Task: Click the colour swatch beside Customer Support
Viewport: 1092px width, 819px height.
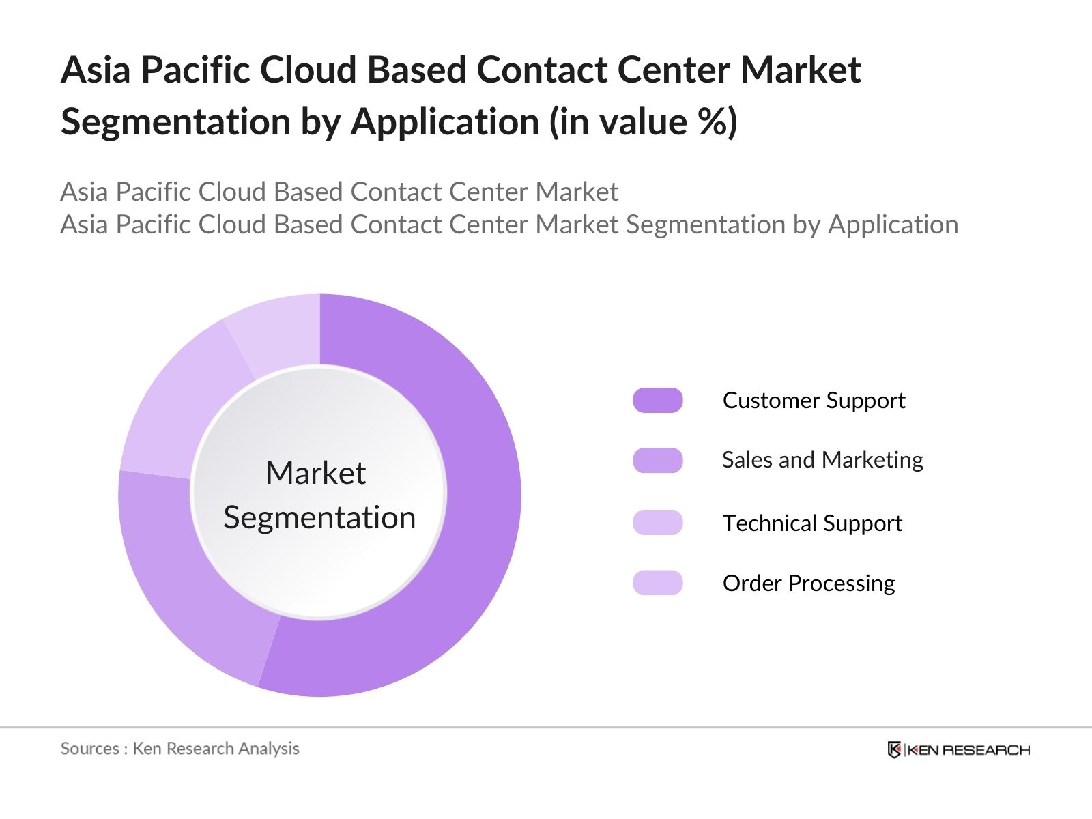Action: [657, 401]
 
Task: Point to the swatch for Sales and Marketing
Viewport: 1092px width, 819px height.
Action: [657, 461]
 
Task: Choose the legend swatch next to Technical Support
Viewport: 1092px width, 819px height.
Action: [657, 523]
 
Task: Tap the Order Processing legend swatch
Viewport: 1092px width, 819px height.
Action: [657, 583]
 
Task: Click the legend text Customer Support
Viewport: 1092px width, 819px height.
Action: [814, 401]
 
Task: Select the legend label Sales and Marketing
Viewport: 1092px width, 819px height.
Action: [822, 460]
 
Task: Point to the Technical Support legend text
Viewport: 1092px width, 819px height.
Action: [812, 523]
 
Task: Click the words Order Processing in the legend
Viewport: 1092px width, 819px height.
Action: [809, 584]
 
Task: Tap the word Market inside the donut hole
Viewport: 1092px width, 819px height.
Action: [315, 473]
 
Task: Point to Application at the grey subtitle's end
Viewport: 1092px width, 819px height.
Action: [893, 225]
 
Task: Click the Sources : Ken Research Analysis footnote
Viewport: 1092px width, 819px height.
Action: [179, 749]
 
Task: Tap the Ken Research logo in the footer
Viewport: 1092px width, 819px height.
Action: [958, 750]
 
